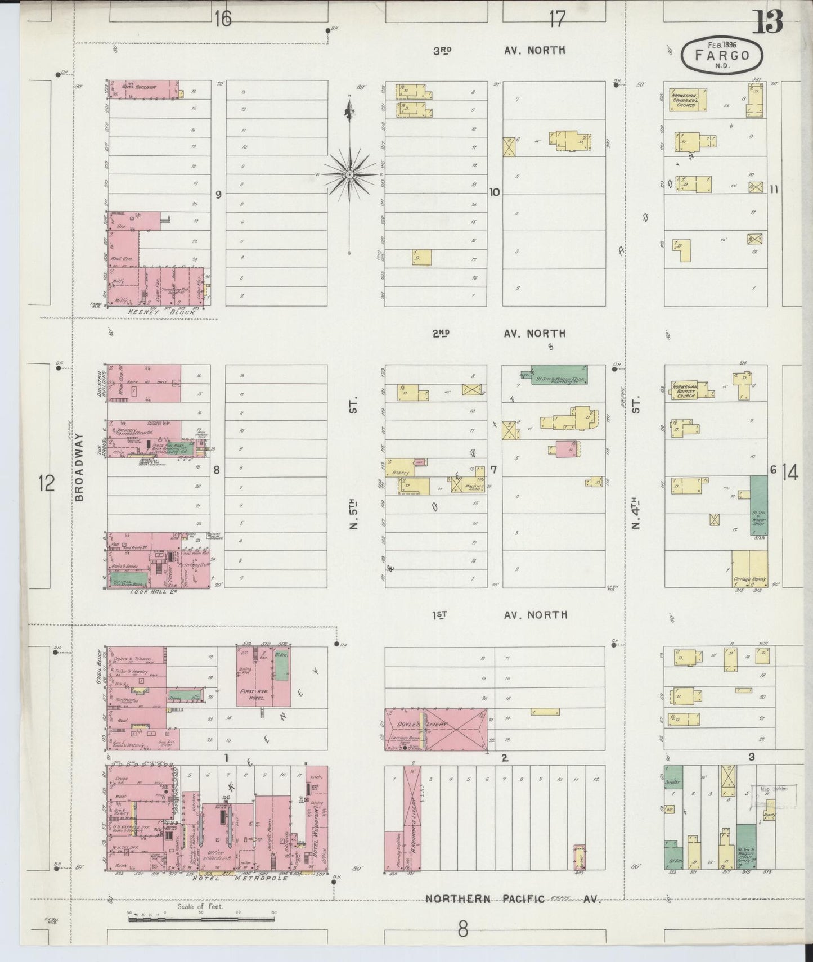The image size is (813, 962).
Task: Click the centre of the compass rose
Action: point(349,175)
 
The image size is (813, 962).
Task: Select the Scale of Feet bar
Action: point(201,919)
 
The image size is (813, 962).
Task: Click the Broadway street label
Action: point(79,467)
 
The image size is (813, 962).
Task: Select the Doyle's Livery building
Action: point(435,729)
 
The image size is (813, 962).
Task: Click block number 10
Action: point(494,192)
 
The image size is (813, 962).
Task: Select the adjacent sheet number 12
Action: point(46,483)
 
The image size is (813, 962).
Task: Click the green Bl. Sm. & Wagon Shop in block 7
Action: point(559,375)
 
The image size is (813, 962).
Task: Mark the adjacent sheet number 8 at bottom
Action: point(462,930)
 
